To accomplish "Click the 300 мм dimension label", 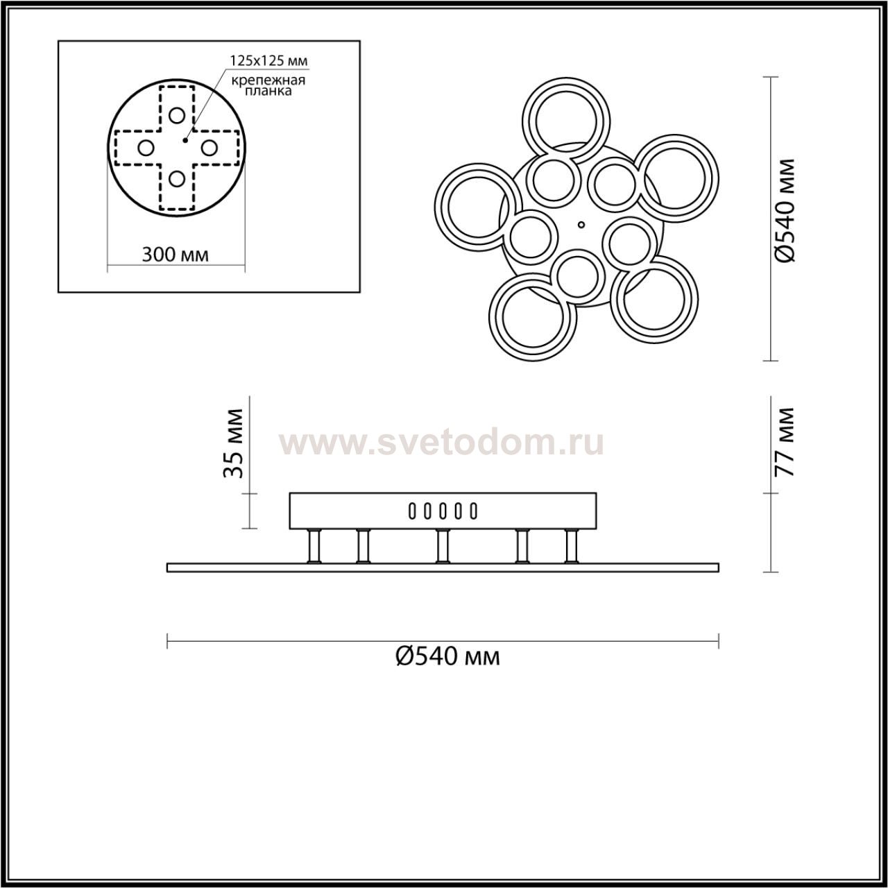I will pyautogui.click(x=175, y=255).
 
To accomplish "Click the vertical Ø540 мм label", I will pyautogui.click(x=785, y=210).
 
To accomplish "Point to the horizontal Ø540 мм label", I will pyautogui.click(x=447, y=656).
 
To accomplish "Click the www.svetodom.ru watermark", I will pyautogui.click(x=441, y=443).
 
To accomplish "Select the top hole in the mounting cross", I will pyautogui.click(x=177, y=115).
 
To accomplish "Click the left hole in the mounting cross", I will pyautogui.click(x=146, y=147).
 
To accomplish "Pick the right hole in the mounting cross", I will pyautogui.click(x=209, y=147).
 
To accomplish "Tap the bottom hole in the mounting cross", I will pyautogui.click(x=177, y=179).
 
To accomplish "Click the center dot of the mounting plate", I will pyautogui.click(x=184, y=140).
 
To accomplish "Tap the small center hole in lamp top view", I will pyautogui.click(x=581, y=225).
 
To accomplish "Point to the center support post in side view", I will pyautogui.click(x=442, y=546).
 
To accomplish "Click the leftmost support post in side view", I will pyautogui.click(x=314, y=546).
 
